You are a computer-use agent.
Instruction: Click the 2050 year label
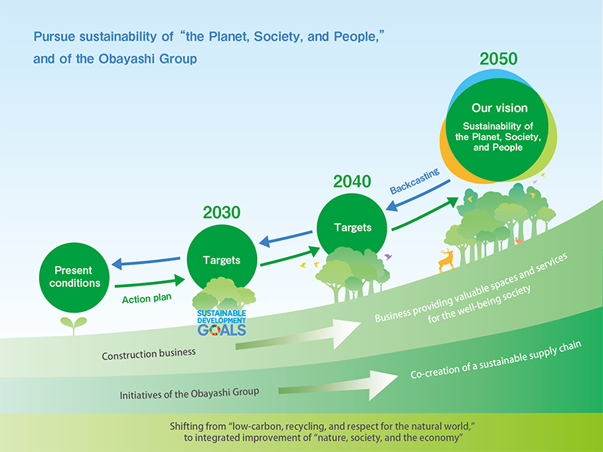click(498, 59)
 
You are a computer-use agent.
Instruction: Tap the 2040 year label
click(352, 182)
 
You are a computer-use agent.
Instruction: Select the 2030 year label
click(222, 212)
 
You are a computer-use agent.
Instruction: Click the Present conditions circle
click(74, 277)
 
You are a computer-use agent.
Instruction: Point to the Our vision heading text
click(500, 108)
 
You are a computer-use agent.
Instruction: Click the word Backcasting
click(415, 181)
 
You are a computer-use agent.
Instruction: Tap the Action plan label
click(146, 298)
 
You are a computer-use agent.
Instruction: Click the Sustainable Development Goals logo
click(222, 323)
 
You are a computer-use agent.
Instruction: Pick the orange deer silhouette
click(446, 260)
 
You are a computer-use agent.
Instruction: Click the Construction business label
click(148, 354)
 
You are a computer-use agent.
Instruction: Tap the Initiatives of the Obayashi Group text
click(189, 393)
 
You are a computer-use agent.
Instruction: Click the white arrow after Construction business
click(298, 334)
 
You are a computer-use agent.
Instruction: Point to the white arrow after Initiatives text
click(338, 386)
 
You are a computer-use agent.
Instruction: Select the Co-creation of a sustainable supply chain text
click(496, 360)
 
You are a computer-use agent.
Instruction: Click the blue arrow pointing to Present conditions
click(145, 261)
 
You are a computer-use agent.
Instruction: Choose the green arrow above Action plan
click(150, 282)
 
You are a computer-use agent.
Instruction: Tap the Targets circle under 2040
click(352, 228)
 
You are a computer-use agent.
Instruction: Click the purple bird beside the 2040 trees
click(388, 256)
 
